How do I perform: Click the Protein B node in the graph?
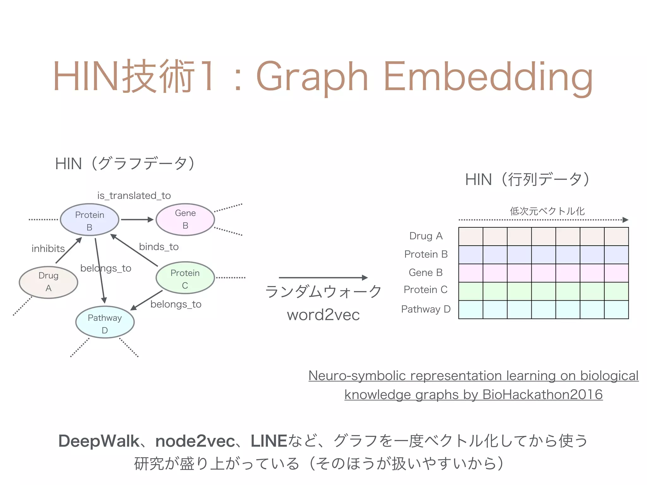[89, 220]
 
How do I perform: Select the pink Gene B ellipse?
[185, 219]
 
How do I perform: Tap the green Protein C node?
[185, 278]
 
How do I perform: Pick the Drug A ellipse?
[48, 282]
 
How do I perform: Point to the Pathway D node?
[105, 322]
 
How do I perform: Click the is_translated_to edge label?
[134, 196]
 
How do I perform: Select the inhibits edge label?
[48, 249]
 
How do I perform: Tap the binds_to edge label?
[159, 247]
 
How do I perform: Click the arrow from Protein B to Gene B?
[137, 219]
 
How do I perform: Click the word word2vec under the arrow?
[323, 315]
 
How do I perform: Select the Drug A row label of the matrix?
[426, 236]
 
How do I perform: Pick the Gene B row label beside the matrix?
[426, 272]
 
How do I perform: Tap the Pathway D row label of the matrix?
[426, 309]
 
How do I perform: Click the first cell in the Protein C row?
[471, 291]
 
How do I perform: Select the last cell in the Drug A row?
[616, 237]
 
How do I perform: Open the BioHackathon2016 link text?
[542, 395]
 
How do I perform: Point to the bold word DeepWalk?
[99, 441]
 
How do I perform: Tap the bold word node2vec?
[195, 441]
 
